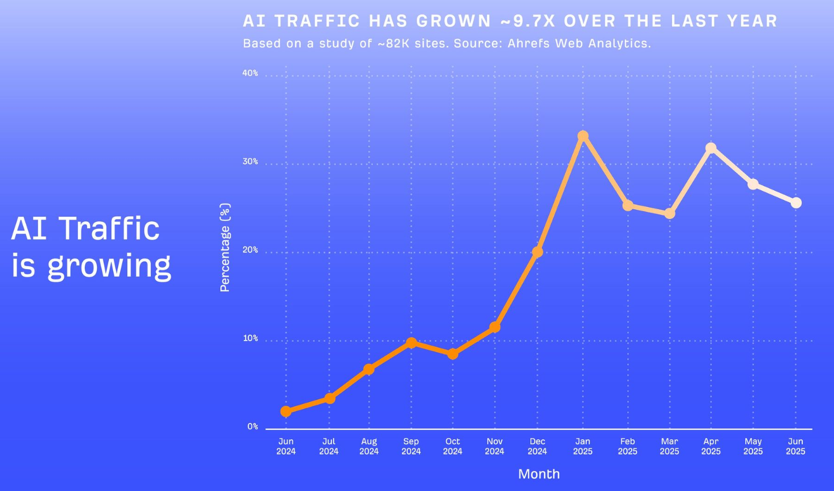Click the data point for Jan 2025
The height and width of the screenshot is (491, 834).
[x=583, y=136]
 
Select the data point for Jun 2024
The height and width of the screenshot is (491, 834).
[x=286, y=411]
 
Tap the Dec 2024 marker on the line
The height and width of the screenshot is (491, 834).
[x=537, y=252]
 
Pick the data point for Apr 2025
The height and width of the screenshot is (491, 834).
[x=711, y=148]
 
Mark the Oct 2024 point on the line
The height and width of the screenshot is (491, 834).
[x=452, y=354]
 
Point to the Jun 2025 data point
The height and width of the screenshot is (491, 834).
[x=796, y=203]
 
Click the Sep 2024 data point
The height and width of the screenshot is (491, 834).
[x=411, y=343]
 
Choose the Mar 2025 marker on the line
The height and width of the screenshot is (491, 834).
[x=669, y=214]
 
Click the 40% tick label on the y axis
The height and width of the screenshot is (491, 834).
[x=250, y=73]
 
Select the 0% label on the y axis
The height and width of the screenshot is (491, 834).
[x=252, y=426]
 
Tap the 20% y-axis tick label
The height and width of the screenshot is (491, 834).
[x=250, y=250]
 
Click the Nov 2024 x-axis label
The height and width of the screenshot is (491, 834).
[x=495, y=446]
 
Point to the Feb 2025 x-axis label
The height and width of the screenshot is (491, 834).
[x=628, y=446]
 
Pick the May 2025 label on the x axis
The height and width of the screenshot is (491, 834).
[x=753, y=446]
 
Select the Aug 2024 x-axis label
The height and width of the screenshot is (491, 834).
[x=369, y=446]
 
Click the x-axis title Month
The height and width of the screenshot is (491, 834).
[x=539, y=474]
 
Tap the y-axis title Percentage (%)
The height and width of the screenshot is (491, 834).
[x=225, y=247]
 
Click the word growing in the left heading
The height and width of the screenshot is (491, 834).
[x=109, y=266]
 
